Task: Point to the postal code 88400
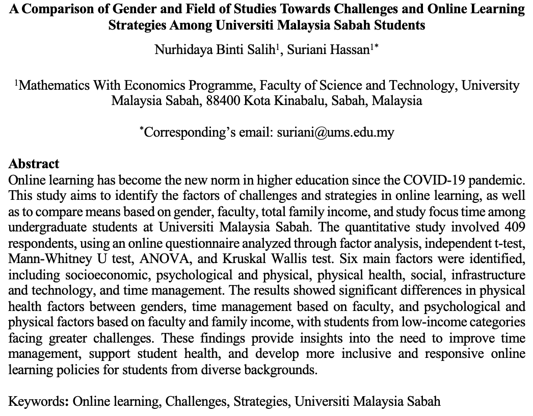223,100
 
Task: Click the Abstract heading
34,164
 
